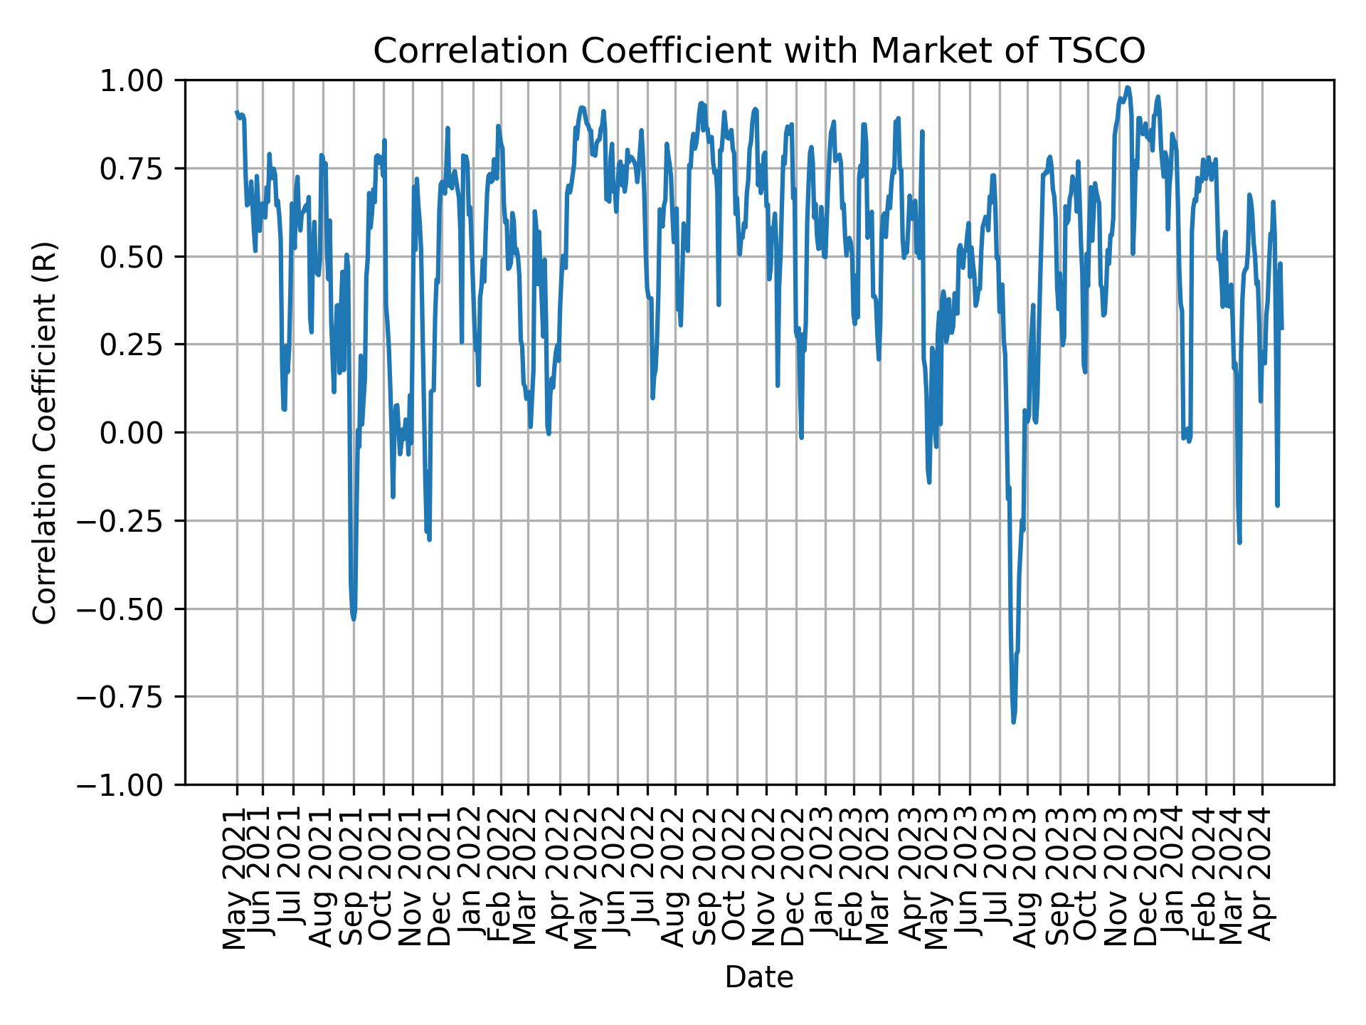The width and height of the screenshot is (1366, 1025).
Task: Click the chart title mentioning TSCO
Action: pyautogui.click(x=759, y=51)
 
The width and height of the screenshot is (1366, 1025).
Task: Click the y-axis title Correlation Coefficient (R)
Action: pyautogui.click(x=45, y=432)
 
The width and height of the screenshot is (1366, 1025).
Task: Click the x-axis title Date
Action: pyautogui.click(x=759, y=977)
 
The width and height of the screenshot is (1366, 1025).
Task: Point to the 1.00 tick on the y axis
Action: pyautogui.click(x=141, y=80)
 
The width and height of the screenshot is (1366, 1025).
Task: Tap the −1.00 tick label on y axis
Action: pyautogui.click(x=129, y=784)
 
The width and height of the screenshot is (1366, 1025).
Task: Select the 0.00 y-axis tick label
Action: pyautogui.click(x=141, y=433)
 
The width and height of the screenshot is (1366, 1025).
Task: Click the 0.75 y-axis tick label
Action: pyautogui.click(x=141, y=169)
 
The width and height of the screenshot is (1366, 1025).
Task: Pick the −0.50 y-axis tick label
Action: pyautogui.click(x=129, y=609)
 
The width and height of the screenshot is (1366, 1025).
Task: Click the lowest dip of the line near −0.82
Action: pyautogui.click(x=1013, y=721)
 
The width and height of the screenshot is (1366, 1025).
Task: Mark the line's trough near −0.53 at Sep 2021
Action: pyautogui.click(x=354, y=619)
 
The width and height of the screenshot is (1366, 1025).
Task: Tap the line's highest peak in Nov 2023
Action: pyautogui.click(x=1128, y=88)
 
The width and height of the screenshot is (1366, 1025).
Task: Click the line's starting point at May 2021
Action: pyautogui.click(x=237, y=112)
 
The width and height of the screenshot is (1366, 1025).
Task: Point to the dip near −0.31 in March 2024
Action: pyautogui.click(x=1239, y=542)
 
